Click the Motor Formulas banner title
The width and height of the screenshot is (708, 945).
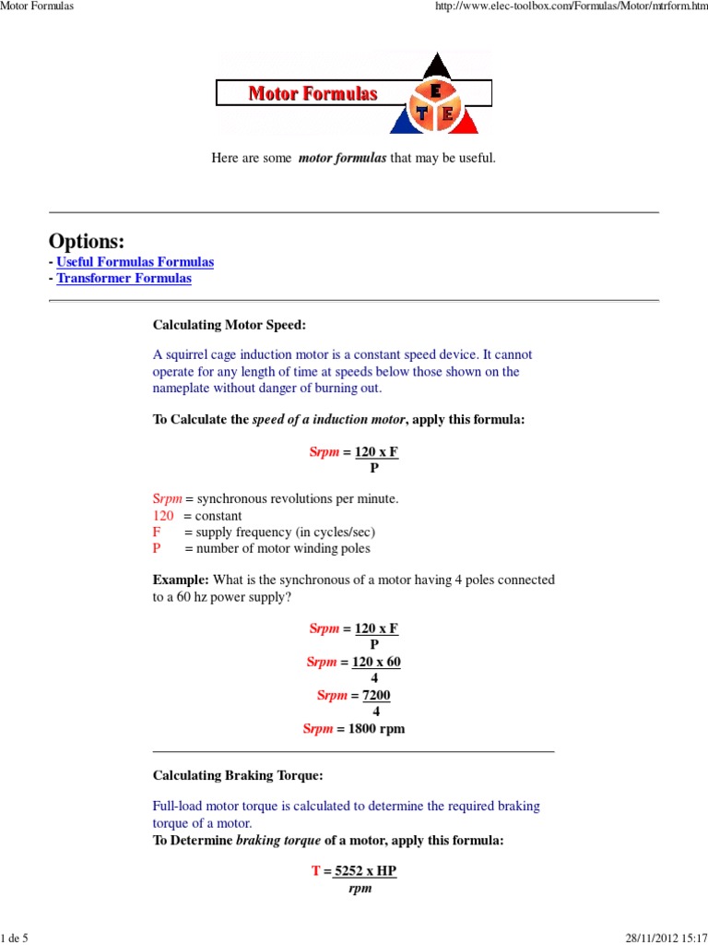tap(313, 94)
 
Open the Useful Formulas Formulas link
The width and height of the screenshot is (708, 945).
tap(135, 262)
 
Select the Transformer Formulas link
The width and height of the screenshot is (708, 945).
tap(124, 278)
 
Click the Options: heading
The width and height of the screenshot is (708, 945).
tap(87, 241)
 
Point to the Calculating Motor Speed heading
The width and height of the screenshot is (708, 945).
tap(228, 325)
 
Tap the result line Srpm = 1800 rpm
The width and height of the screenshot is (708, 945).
tap(354, 728)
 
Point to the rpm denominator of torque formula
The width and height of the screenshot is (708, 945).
tap(360, 889)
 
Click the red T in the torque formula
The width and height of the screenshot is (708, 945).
tap(315, 871)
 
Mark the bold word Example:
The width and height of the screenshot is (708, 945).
tap(181, 580)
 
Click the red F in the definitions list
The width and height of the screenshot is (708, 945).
tap(156, 532)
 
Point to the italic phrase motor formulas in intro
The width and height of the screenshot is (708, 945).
tap(342, 159)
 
